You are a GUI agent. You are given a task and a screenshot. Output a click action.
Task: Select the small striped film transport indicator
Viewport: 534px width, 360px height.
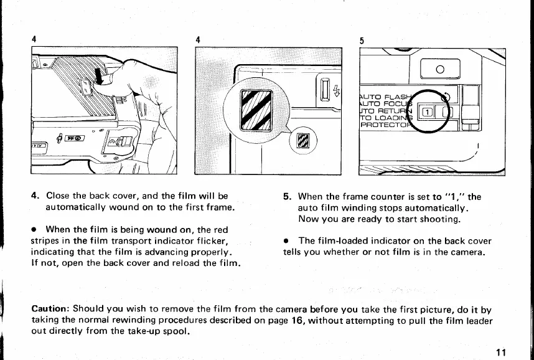(304, 140)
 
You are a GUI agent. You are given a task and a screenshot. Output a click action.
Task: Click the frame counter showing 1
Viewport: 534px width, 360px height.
(429, 111)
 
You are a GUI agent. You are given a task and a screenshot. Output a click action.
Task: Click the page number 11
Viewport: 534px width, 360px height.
(502, 353)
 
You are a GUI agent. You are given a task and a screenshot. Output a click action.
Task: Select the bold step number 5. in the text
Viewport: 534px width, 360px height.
(288, 196)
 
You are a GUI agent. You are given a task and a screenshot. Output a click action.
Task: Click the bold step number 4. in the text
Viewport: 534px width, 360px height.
(35, 196)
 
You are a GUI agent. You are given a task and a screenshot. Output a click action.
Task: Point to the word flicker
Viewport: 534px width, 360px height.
(212, 241)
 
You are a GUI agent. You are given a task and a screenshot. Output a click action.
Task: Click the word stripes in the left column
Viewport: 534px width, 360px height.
(45, 241)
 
